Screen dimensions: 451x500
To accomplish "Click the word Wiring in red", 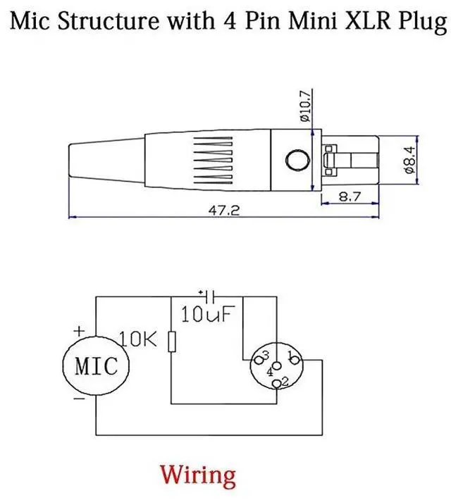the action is [198, 475].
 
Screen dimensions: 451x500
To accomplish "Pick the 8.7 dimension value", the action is [350, 197].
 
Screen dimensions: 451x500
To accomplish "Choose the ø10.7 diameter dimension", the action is [304, 106].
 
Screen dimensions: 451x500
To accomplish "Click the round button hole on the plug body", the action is [297, 160].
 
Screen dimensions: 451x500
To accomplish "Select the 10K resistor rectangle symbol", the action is [172, 344].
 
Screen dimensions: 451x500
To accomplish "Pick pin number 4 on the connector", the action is [271, 370].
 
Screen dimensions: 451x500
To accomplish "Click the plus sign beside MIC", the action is [79, 330].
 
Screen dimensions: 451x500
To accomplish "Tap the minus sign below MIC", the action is [79, 399].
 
